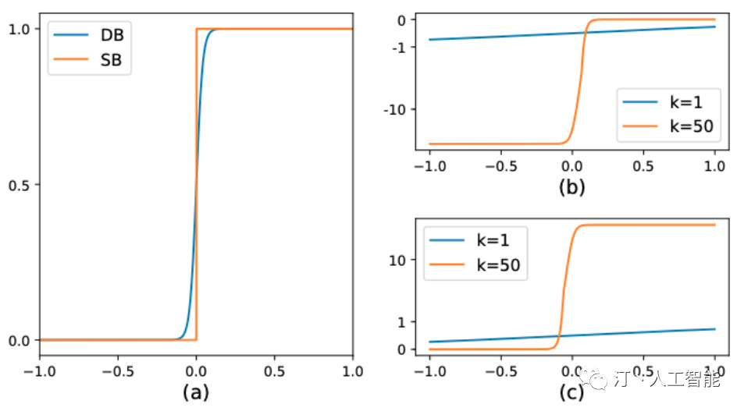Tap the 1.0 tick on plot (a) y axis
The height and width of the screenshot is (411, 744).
pos(20,29)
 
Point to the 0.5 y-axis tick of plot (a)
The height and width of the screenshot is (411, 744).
pos(20,185)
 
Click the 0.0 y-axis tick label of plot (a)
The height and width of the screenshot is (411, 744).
pos(20,341)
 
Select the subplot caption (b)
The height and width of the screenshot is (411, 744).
pos(571,187)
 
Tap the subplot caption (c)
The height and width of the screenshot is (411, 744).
pos(571,392)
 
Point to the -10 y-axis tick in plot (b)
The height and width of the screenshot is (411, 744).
pos(395,109)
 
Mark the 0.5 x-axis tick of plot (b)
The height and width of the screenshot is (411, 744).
pos(643,168)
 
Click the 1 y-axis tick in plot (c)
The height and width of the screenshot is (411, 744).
pos(400,321)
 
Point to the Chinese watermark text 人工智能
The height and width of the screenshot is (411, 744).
pos(684,380)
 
